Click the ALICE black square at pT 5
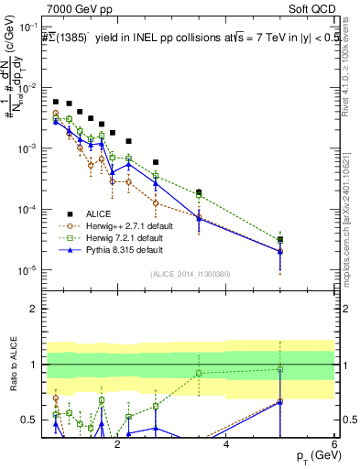280,240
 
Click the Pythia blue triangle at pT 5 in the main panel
280,251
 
